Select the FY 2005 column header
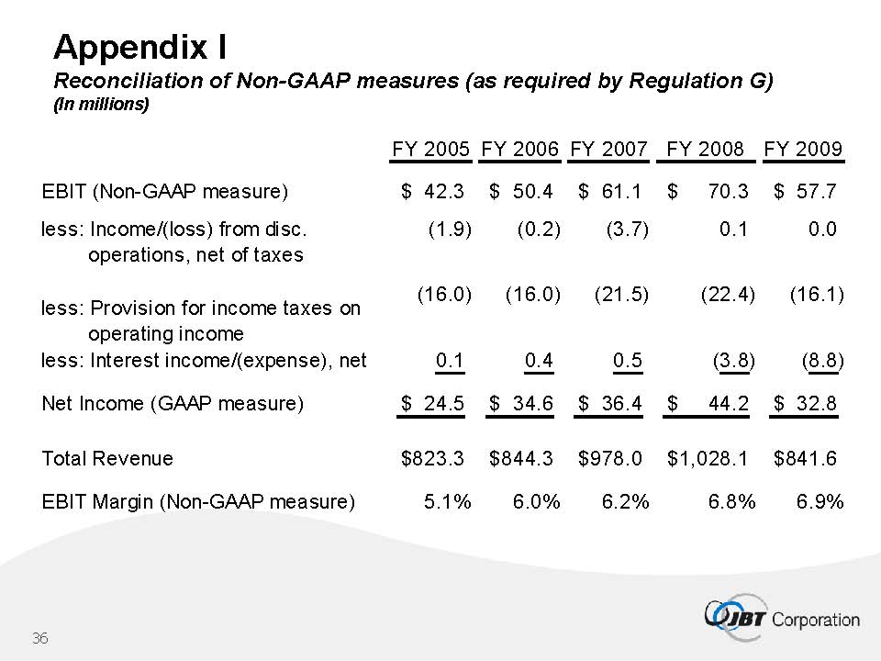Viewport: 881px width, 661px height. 431,149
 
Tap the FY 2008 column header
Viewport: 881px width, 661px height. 705,149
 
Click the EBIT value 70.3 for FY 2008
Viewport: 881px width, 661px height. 729,192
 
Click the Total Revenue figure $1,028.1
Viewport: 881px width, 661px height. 708,458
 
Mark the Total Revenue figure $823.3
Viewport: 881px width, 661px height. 433,458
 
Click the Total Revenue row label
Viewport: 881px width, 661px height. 107,458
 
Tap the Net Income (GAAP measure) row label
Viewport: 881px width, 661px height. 173,403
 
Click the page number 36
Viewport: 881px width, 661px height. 39,638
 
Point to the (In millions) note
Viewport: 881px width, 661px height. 101,105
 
